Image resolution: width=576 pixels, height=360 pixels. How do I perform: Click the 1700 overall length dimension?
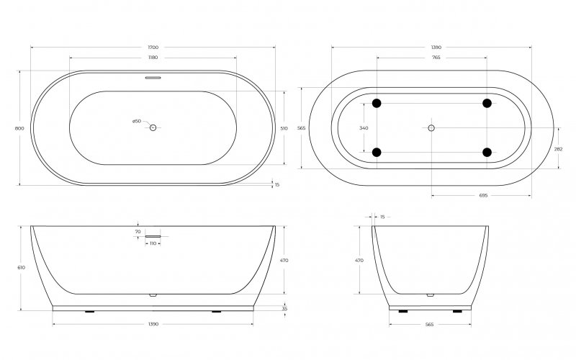153,47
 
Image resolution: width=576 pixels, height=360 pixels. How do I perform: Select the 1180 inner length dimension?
153,56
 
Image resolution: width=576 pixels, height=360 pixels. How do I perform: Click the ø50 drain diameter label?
136,121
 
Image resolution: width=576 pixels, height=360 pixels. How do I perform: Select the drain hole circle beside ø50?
153,127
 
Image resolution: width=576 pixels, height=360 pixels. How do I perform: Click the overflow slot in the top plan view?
153,78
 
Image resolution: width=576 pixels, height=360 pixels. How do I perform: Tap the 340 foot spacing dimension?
364,127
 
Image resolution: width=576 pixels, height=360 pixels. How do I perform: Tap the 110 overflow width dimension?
153,243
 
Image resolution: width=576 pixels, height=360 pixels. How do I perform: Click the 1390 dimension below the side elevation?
153,325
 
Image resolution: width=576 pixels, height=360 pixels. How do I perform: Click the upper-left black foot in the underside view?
377,103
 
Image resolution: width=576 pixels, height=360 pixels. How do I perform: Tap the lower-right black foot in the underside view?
487,152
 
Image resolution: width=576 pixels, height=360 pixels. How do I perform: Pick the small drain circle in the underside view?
431,127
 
